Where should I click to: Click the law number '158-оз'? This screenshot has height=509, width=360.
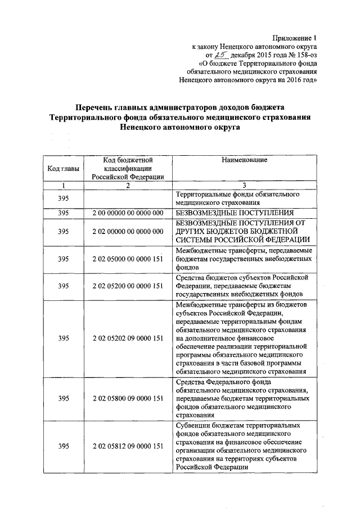[304, 56]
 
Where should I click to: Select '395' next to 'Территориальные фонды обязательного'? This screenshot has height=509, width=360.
[64, 199]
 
